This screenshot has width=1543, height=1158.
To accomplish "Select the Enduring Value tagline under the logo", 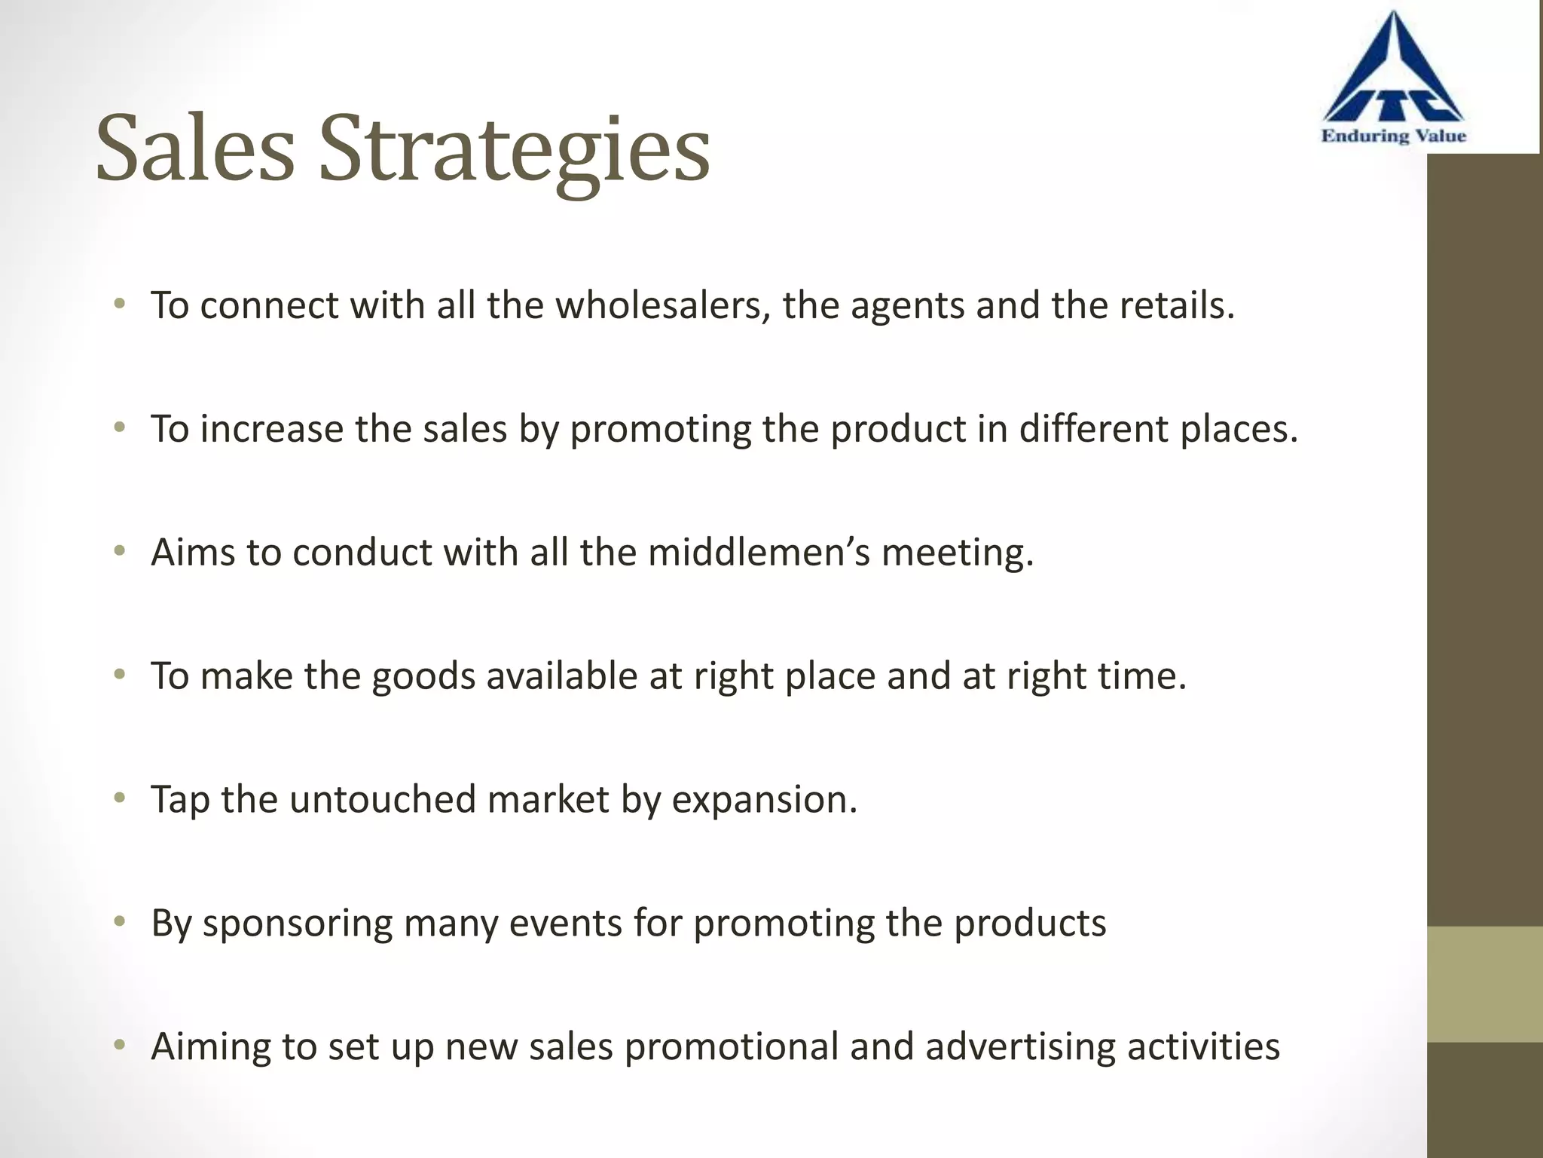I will click(x=1393, y=136).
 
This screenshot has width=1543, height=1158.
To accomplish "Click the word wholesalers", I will click(x=663, y=306).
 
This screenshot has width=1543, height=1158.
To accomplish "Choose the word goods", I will click(x=423, y=677).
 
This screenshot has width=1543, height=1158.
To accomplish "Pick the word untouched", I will click(x=382, y=800).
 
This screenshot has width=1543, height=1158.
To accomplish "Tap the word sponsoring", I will click(x=298, y=924).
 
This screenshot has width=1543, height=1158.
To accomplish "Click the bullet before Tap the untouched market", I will click(x=119, y=798).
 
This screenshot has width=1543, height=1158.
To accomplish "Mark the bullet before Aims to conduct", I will click(x=119, y=552).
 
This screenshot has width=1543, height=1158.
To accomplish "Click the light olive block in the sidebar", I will click(x=1484, y=984).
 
